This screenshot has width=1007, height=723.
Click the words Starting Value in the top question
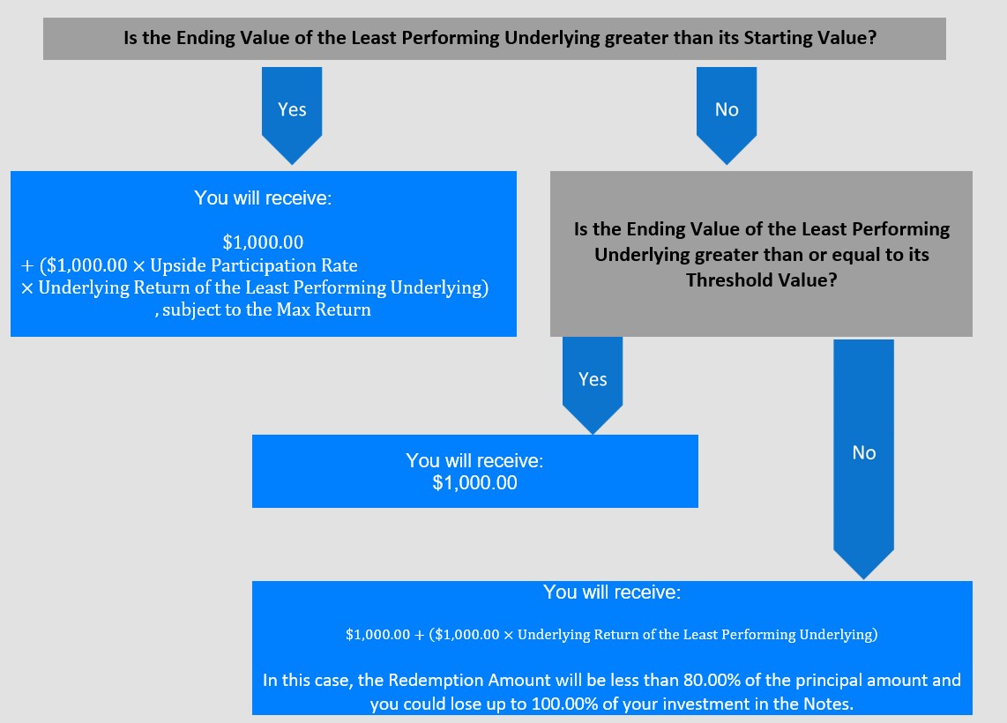point(805,38)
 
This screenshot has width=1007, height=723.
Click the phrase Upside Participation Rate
point(254,265)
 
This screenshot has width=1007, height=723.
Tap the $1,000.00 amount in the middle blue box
point(474,483)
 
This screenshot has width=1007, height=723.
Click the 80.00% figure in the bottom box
point(711,680)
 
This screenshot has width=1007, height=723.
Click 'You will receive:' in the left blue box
point(263,198)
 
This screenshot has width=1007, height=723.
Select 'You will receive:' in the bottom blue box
point(612,592)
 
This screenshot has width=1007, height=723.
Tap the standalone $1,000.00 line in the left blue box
point(263,242)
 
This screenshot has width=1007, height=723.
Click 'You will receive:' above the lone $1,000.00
point(474,460)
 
